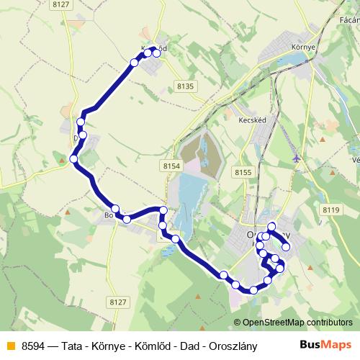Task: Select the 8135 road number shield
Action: tap(185, 86)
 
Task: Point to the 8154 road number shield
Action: tap(171, 166)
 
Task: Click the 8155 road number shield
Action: tap(243, 172)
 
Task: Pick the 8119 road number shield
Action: tap(330, 210)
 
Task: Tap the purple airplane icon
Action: tap(297, 158)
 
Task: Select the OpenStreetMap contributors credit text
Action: tap(297, 323)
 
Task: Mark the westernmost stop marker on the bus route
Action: tap(74, 159)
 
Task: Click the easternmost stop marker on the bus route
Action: tap(286, 247)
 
